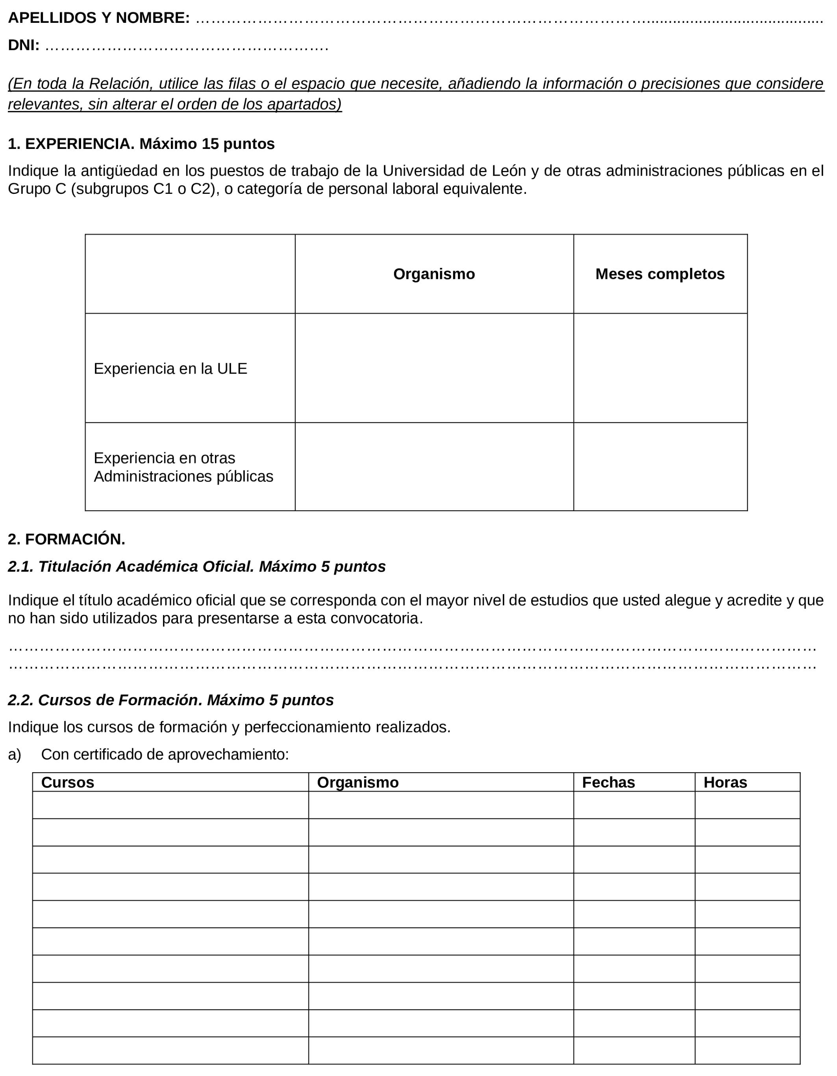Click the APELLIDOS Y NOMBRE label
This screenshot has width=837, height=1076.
click(98, 18)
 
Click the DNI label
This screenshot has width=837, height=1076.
click(24, 45)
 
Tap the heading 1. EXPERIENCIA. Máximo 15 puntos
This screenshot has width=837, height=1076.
click(141, 144)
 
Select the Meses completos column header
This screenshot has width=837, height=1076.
click(660, 274)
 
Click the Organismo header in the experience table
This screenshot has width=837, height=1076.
click(434, 274)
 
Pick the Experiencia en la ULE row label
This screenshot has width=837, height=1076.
click(170, 368)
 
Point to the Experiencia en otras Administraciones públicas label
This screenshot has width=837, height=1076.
click(183, 467)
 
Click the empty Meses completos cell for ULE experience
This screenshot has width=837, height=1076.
click(660, 368)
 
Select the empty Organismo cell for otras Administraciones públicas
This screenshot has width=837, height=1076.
click(434, 466)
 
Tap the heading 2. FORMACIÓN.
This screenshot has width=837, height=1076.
click(67, 539)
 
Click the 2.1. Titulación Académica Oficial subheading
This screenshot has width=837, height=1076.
click(196, 567)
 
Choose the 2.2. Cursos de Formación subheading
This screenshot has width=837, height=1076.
click(171, 700)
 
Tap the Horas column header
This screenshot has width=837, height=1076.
click(725, 782)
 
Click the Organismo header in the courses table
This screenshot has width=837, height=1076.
click(357, 782)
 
